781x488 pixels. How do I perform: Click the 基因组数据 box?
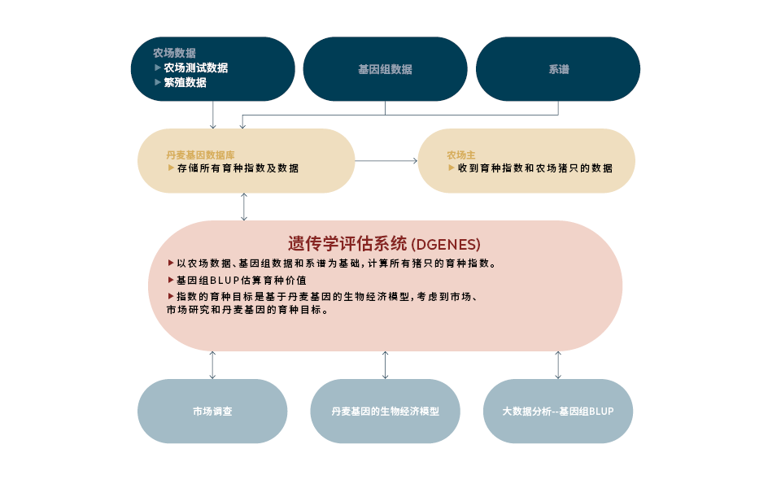(x=385, y=69)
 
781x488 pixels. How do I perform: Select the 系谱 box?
(x=558, y=69)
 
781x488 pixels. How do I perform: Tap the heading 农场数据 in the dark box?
(x=174, y=53)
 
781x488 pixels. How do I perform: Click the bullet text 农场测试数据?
(x=195, y=68)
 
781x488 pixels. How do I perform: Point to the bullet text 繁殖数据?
(x=185, y=82)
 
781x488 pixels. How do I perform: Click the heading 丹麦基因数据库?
(x=200, y=154)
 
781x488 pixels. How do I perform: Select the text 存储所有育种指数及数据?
(x=238, y=168)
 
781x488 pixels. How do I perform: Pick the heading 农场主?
(x=460, y=154)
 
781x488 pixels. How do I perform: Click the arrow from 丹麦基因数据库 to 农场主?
(x=386, y=161)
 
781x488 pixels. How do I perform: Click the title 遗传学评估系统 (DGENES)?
(x=384, y=243)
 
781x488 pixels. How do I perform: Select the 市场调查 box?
(x=212, y=411)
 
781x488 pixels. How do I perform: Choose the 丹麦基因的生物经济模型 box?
(x=385, y=411)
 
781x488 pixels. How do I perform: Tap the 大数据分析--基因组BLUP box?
(x=557, y=411)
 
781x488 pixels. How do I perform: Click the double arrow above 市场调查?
(x=212, y=365)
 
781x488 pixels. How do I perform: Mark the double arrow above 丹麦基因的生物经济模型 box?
(x=385, y=365)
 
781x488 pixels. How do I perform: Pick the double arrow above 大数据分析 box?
(x=558, y=365)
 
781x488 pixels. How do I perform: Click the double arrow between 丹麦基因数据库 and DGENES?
(x=244, y=207)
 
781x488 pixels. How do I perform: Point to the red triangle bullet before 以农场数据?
(x=170, y=263)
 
